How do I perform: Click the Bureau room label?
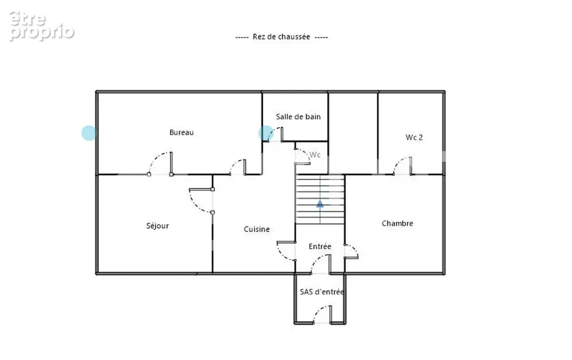tap(182, 133)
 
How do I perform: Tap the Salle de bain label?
tap(298, 117)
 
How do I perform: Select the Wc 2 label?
tap(414, 137)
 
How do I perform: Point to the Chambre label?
tap(397, 223)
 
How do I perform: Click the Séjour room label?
tap(158, 226)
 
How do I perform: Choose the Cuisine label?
tap(257, 229)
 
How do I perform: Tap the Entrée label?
tap(320, 246)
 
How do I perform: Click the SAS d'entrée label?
tap(322, 292)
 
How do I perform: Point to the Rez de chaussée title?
tap(282, 37)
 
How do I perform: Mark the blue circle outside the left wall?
tap(89, 133)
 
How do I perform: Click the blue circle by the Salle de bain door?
tap(266, 133)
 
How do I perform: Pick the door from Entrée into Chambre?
tap(351, 252)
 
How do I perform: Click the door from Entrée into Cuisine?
tap(286, 251)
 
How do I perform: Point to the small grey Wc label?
tap(315, 155)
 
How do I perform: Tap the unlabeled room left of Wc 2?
tap(353, 134)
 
